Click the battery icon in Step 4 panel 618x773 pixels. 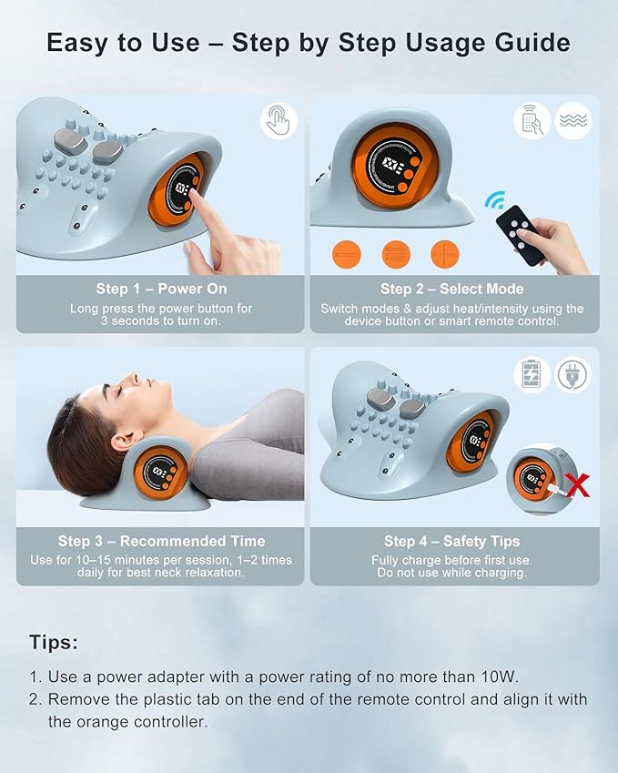pos(532,374)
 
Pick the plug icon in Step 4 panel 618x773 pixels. pos(573,374)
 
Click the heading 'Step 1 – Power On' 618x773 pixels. pos(160,289)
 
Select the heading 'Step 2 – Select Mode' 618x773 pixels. pos(454,289)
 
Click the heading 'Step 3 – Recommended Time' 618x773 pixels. pos(161,541)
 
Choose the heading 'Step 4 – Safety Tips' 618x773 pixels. pos(454,541)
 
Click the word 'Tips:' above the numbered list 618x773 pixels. pos(54,642)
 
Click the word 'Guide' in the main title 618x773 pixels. pos(530,42)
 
